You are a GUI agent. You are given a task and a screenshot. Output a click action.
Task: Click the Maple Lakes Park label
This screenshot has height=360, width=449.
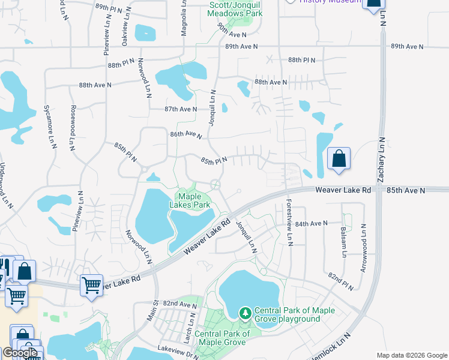pos(194,200)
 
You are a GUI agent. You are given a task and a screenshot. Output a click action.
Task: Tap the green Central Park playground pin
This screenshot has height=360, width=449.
pos(245,313)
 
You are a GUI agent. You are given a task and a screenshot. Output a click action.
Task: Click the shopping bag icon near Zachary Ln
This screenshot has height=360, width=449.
pos(339,160)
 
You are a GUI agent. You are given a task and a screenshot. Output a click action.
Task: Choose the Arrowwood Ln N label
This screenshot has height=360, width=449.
pos(364,248)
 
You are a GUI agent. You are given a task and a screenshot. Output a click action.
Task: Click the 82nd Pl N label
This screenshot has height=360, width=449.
pos(340,280)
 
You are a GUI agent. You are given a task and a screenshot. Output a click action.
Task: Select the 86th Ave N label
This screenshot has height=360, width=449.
pos(185,135)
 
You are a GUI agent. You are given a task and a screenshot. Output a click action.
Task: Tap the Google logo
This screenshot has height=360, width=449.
pos(20,353)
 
